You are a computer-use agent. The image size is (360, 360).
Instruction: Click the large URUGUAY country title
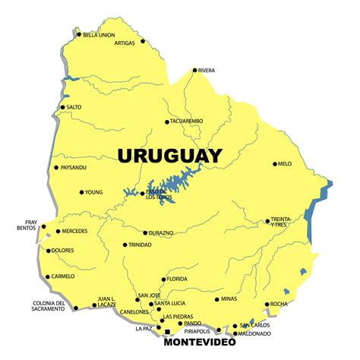click(x=169, y=156)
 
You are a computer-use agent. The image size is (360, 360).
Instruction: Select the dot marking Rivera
click(x=194, y=71)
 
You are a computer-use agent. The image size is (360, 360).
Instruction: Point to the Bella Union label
click(x=99, y=35)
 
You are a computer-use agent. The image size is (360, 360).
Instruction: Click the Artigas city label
click(x=124, y=43)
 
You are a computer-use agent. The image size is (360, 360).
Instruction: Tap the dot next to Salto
click(x=63, y=107)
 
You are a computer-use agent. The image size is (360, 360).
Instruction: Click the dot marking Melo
click(x=275, y=163)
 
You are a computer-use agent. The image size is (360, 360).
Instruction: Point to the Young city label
click(x=93, y=192)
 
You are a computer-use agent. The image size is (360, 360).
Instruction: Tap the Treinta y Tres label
click(x=280, y=222)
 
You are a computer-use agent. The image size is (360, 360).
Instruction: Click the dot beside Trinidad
click(x=125, y=245)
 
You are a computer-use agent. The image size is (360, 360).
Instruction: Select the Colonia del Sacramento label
click(x=49, y=307)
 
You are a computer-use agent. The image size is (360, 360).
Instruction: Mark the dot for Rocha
click(x=267, y=304)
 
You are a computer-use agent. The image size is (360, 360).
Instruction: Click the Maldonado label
click(x=252, y=333)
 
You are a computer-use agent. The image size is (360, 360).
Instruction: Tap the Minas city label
click(x=229, y=299)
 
